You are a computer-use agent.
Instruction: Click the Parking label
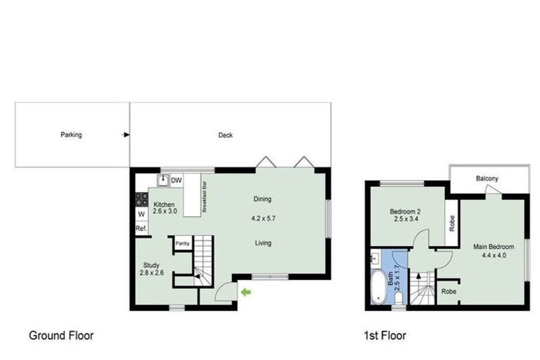[71, 135]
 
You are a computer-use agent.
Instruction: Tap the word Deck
[225, 135]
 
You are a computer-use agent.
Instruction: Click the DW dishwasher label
[176, 180]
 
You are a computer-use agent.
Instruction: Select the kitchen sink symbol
[162, 180]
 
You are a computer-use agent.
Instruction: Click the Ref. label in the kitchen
[141, 229]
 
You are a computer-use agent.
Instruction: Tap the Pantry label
[183, 243]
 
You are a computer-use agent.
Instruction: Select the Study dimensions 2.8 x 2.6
[152, 273]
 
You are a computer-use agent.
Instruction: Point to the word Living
[262, 243]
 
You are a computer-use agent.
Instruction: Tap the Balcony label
[487, 179]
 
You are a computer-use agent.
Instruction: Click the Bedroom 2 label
[405, 212]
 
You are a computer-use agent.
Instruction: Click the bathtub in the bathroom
[378, 287]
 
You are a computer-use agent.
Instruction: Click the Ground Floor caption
[61, 335]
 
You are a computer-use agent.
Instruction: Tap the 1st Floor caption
[385, 335]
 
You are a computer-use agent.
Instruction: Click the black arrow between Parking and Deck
[126, 135]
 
